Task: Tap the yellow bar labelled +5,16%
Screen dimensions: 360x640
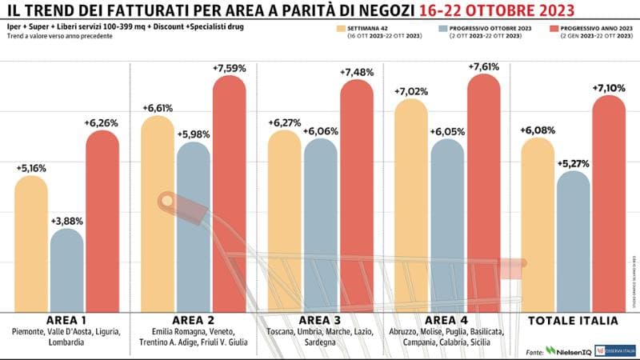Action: click(32, 240)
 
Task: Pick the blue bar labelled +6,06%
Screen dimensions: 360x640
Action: click(322, 224)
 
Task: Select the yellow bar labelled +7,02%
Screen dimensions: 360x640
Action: click(410, 200)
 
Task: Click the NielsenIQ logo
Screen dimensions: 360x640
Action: click(572, 350)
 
